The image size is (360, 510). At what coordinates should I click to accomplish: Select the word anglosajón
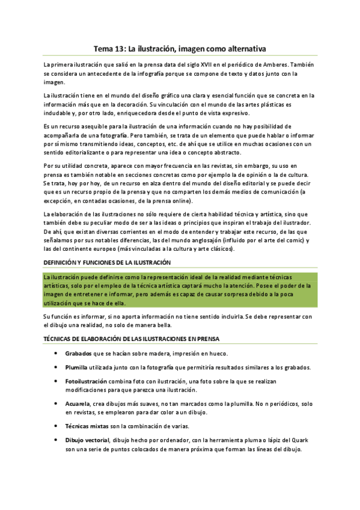pyautogui.click(x=205, y=241)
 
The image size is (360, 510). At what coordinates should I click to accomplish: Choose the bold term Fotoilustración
pyautogui.click(x=86, y=381)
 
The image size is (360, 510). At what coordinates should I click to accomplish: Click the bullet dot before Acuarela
pyautogui.click(x=55, y=404)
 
